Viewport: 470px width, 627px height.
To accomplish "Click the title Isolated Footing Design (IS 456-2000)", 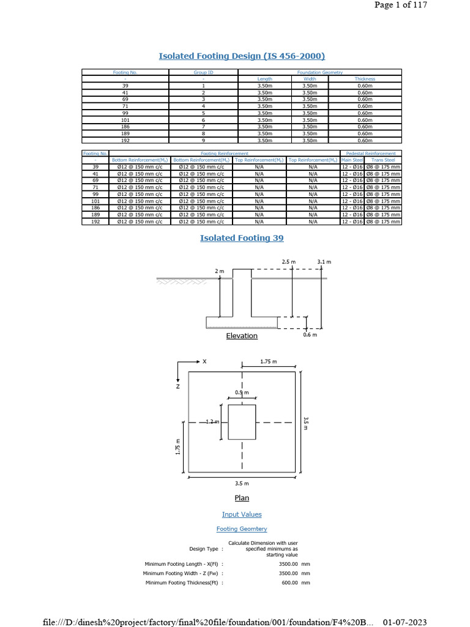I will click(x=242, y=56).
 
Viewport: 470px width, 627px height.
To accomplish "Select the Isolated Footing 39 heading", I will click(x=242, y=238).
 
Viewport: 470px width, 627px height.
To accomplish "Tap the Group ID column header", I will click(x=203, y=72).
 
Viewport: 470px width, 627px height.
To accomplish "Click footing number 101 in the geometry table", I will click(x=125, y=119).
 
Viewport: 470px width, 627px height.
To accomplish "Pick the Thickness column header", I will click(x=365, y=79).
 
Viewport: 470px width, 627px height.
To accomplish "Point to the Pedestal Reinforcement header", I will click(x=370, y=153).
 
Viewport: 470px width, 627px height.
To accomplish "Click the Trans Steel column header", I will click(x=384, y=160).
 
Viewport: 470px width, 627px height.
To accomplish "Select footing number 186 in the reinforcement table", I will click(x=95, y=208).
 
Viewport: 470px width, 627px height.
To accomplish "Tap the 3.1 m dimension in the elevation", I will click(x=324, y=261).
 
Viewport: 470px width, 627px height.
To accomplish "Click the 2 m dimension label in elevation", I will click(x=220, y=271).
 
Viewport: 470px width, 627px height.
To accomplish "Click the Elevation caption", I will click(x=242, y=336).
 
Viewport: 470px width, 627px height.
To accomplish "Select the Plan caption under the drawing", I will click(x=242, y=498).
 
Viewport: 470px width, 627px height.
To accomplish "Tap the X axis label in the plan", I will click(x=205, y=362).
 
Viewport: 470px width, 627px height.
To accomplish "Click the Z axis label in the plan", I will click(x=178, y=386).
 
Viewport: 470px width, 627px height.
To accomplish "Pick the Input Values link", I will click(x=242, y=515).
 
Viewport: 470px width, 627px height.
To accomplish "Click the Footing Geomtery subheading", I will click(x=242, y=529).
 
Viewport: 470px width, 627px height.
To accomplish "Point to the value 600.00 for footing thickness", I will click(x=288, y=583).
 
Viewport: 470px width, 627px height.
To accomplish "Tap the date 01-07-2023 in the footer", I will click(x=405, y=622).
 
